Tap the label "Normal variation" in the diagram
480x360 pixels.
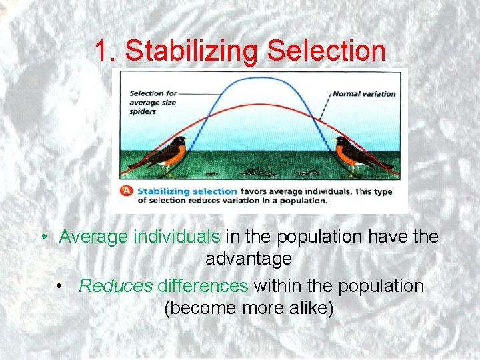(x=364, y=94)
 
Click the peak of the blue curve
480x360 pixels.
(x=258, y=79)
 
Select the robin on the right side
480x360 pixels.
(x=354, y=154)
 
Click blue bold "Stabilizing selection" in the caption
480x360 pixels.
(x=186, y=191)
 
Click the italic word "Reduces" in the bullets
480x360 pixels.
(x=116, y=286)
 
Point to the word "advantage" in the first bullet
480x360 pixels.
(x=248, y=258)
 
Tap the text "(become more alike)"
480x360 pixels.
(x=248, y=309)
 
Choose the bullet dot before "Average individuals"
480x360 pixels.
(x=42, y=237)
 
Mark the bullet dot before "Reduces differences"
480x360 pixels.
(x=61, y=287)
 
